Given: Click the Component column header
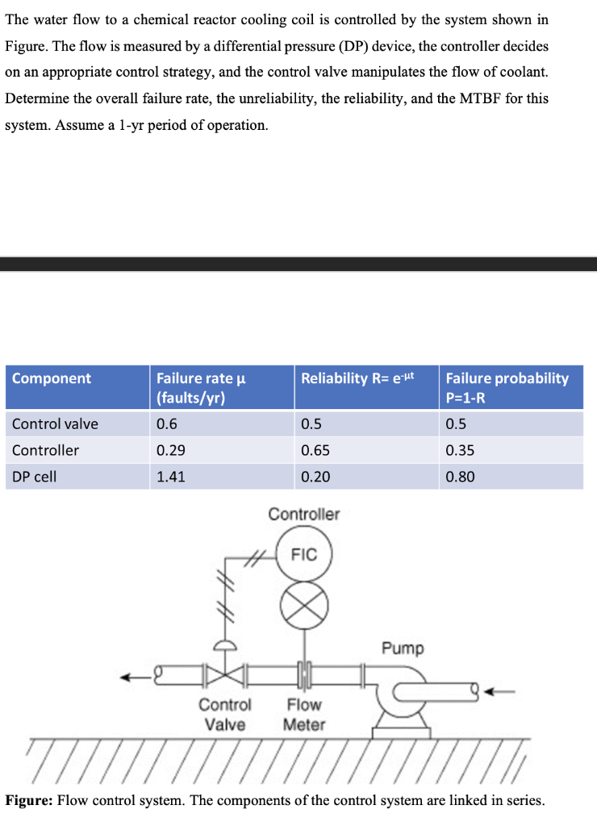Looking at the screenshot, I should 52,378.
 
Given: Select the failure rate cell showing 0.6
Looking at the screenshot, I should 167,424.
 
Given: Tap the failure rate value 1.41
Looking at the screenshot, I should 170,477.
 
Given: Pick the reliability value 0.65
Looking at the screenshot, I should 315,450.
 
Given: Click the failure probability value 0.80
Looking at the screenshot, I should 460,477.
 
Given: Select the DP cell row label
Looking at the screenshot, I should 35,477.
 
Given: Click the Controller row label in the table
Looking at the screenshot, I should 46,450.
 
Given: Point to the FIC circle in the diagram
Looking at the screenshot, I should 304,555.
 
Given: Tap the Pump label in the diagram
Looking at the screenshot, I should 403,649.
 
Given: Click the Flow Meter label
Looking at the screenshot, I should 304,715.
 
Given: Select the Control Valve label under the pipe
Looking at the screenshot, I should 225,715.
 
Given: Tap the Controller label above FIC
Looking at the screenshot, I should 304,514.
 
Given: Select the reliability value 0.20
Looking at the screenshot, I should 315,477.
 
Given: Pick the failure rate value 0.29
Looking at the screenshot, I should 170,450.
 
